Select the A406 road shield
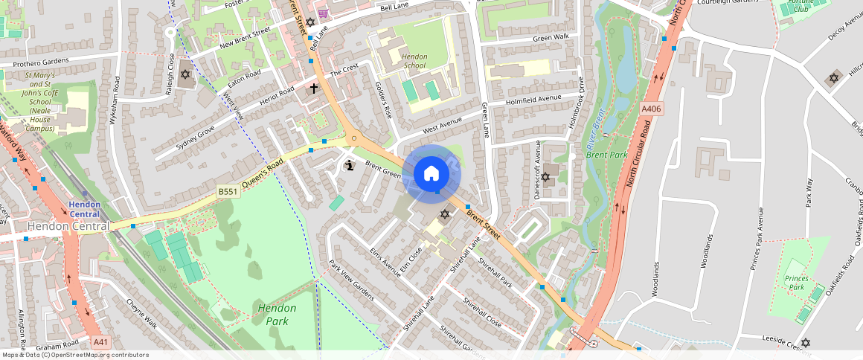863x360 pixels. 651,109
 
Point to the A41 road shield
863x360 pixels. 102,342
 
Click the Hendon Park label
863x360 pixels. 277,314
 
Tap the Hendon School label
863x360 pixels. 414,60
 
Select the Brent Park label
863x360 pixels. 606,155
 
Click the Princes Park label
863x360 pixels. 796,283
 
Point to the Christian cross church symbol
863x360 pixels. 314,89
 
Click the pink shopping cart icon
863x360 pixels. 323,13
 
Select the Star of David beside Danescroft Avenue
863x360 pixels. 545,177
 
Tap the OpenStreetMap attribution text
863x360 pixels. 74,355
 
